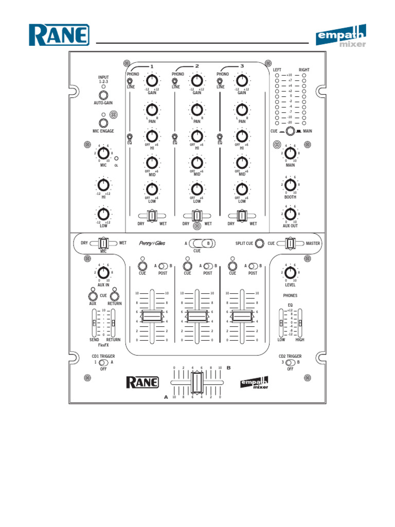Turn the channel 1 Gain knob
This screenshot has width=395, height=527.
coord(152,80)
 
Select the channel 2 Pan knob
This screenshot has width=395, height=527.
coord(196,109)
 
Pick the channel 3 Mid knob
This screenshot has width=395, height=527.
coord(241,162)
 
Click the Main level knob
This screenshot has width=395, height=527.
coord(291,153)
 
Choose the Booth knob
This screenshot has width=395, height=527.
coord(291,184)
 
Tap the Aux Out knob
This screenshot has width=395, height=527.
coord(291,214)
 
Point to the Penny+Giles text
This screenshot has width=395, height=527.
coord(152,243)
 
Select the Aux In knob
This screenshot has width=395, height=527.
coord(103,273)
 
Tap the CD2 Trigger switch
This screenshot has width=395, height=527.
coord(291,362)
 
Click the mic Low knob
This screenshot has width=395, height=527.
coord(103,214)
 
